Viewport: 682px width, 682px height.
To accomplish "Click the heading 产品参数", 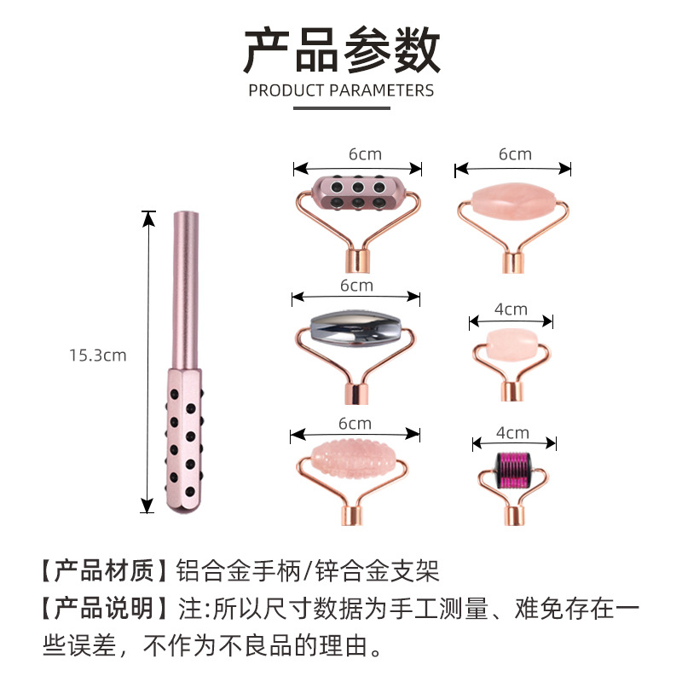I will tap(341, 49).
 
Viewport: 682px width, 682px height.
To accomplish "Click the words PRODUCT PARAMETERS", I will tap(341, 90).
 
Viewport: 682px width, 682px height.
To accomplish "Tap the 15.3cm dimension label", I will tap(97, 355).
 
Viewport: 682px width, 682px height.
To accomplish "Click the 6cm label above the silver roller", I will tap(356, 286).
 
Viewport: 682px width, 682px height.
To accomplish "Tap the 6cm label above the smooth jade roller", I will tap(515, 154).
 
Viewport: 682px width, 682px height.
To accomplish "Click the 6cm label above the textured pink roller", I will tap(355, 424).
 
